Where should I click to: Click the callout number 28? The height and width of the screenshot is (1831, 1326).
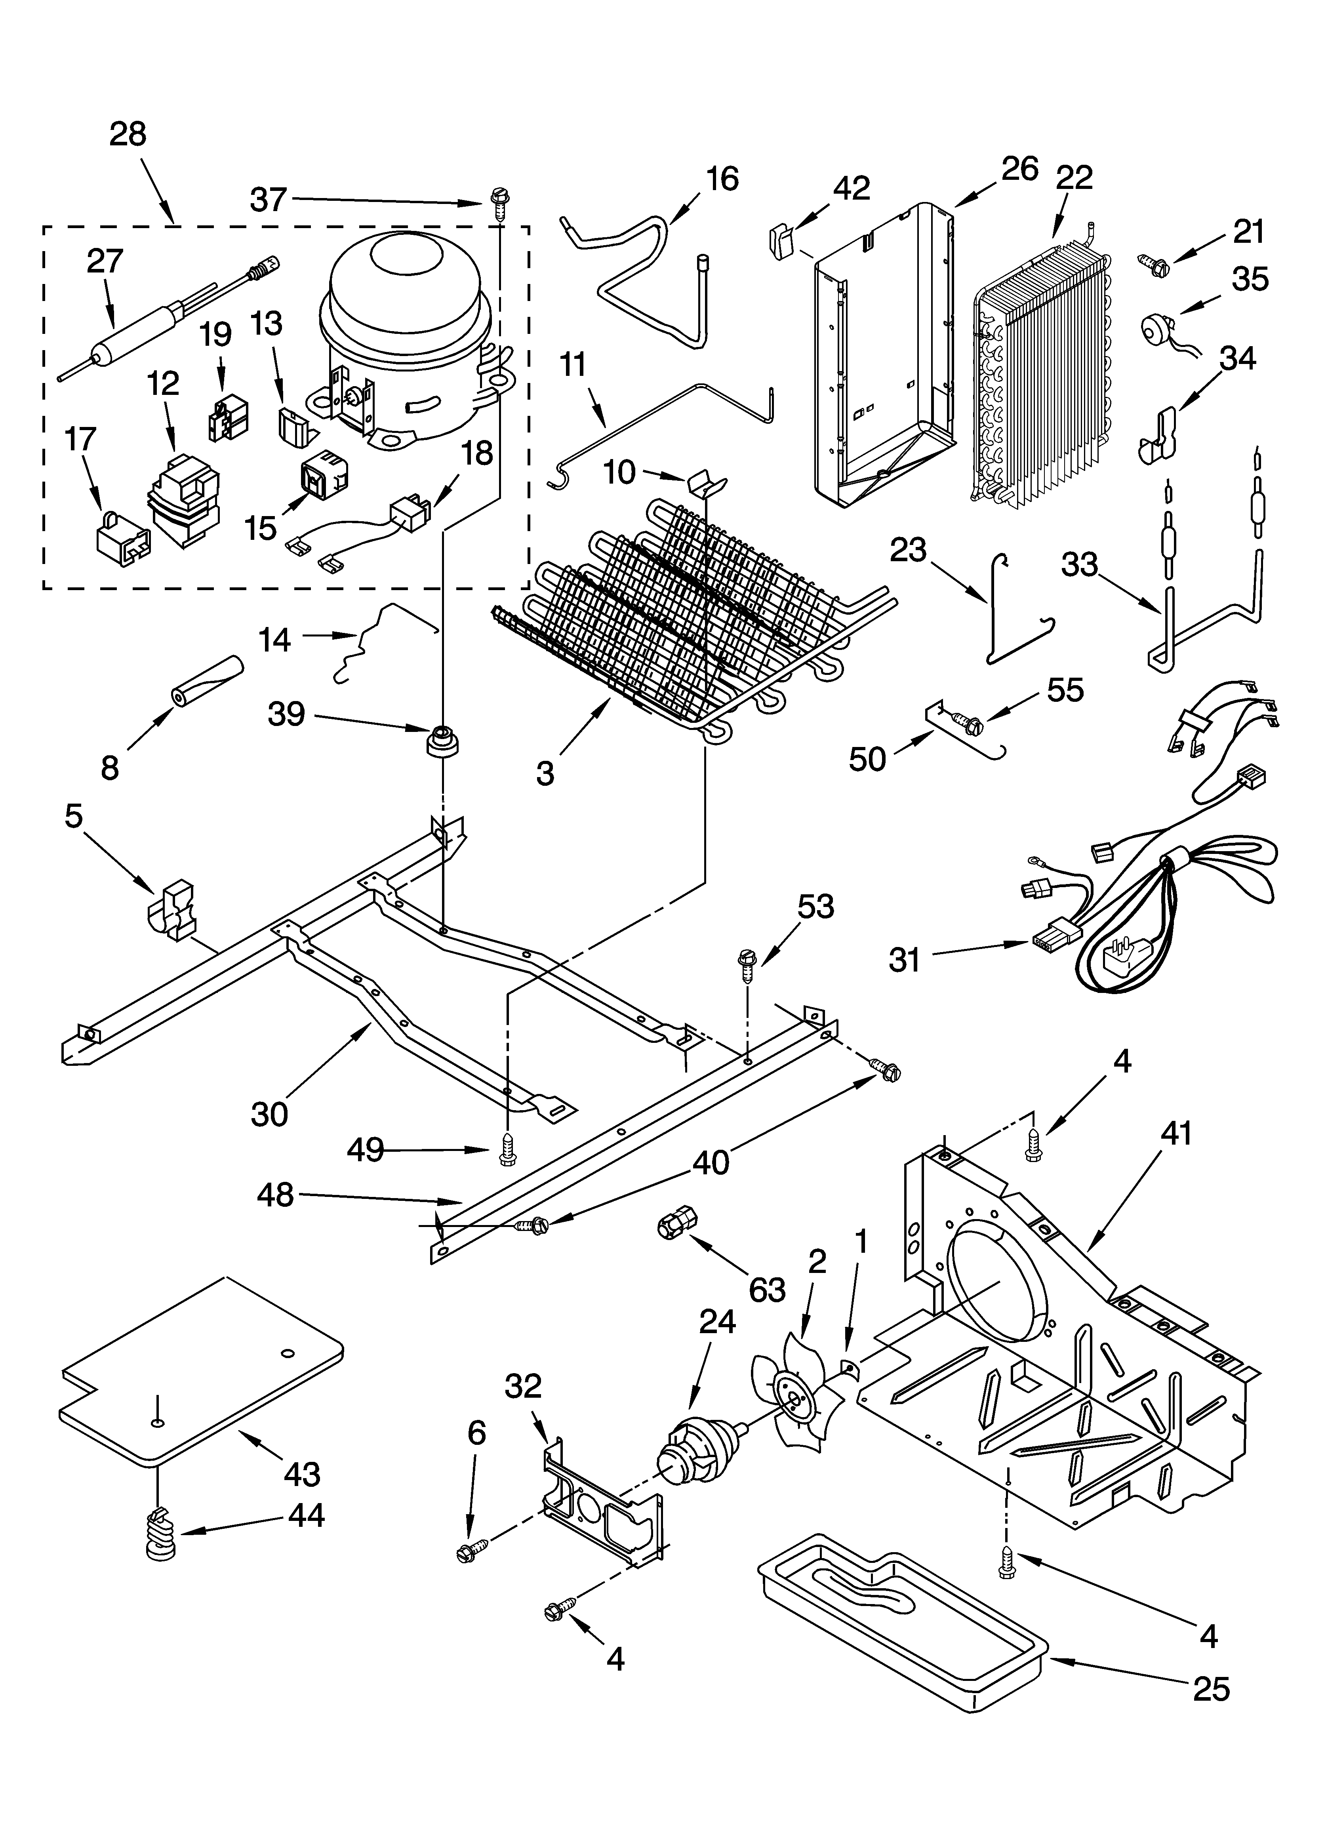click(128, 134)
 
